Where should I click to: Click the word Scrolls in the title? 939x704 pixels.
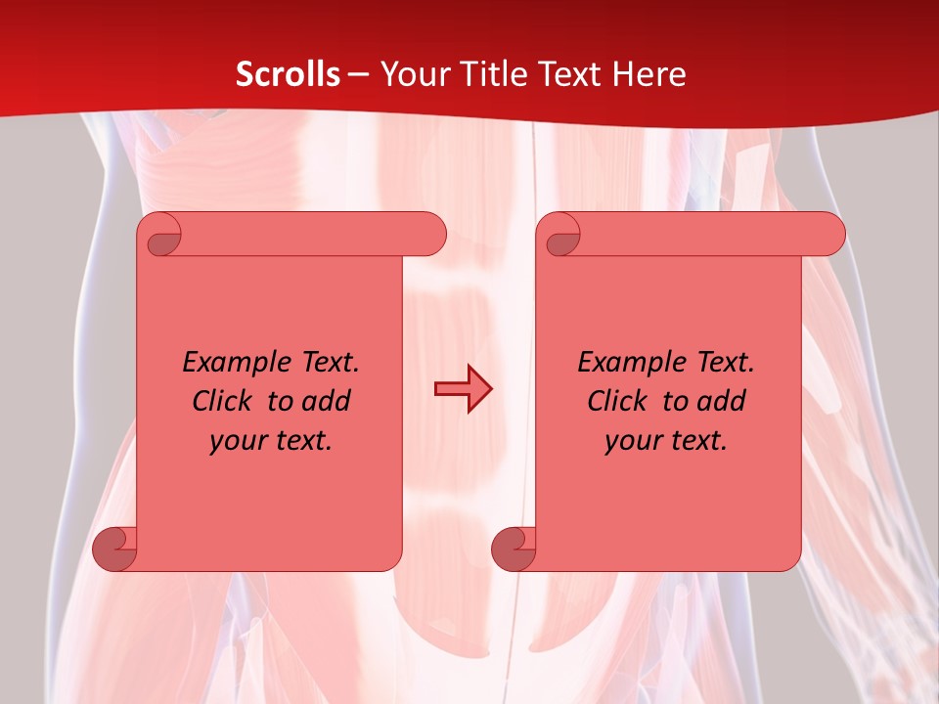(x=288, y=74)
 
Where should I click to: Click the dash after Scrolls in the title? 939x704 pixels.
(x=358, y=75)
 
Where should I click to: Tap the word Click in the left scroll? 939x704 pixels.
(x=222, y=401)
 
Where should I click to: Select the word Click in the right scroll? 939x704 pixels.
(x=617, y=401)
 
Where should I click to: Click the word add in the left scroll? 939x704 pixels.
(x=327, y=401)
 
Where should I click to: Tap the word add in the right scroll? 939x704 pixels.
(x=722, y=401)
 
